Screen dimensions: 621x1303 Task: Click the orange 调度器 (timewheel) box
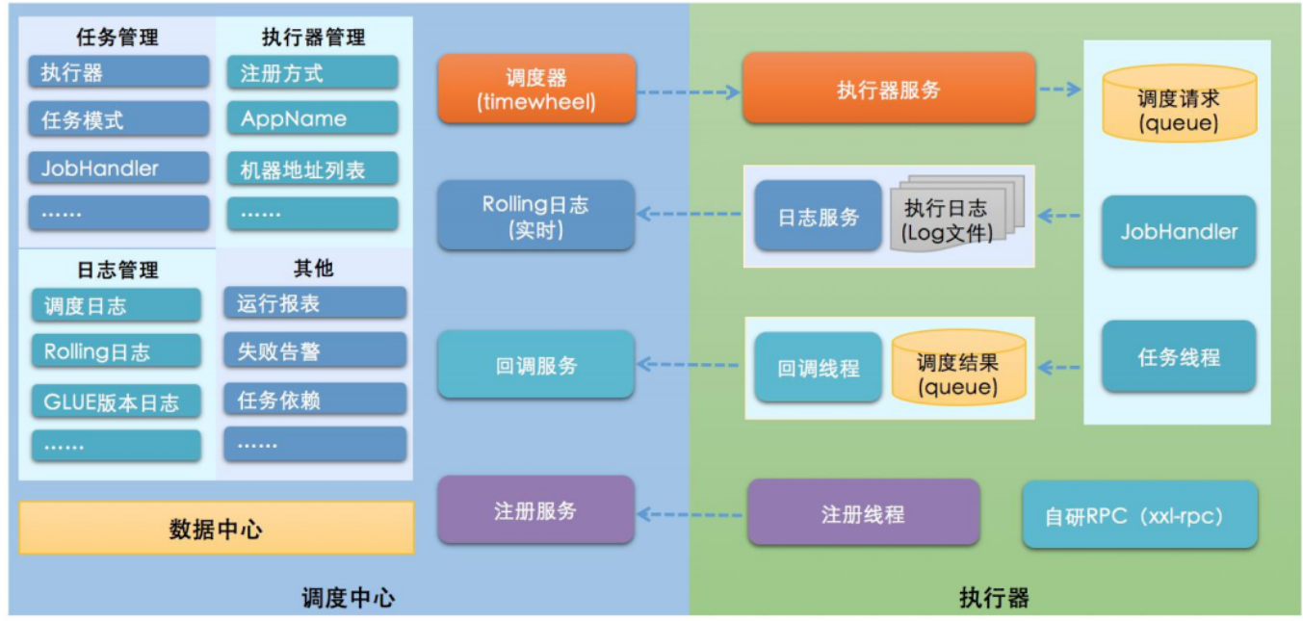tap(536, 89)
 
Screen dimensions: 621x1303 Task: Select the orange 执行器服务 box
tap(888, 89)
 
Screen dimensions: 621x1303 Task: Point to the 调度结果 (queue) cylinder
tap(957, 367)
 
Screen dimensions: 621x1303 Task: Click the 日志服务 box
tap(818, 217)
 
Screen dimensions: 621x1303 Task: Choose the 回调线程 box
tap(818, 367)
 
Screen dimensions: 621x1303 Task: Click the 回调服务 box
tap(535, 365)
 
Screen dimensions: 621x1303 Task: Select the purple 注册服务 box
tap(535, 509)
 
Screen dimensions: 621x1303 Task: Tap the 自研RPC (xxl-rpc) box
tap(1139, 515)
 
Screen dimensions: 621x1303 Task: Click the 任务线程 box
tap(1179, 357)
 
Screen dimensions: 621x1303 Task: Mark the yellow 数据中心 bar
tap(216, 528)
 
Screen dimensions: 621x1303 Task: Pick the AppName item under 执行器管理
tap(312, 118)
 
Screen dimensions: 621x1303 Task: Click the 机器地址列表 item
tap(312, 169)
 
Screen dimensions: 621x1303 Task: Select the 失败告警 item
tap(314, 350)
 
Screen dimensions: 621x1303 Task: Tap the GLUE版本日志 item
tap(116, 401)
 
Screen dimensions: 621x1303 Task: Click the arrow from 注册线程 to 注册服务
tap(691, 514)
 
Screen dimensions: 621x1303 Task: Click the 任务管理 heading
tap(117, 38)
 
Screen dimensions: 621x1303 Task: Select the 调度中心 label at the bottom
tap(348, 597)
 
